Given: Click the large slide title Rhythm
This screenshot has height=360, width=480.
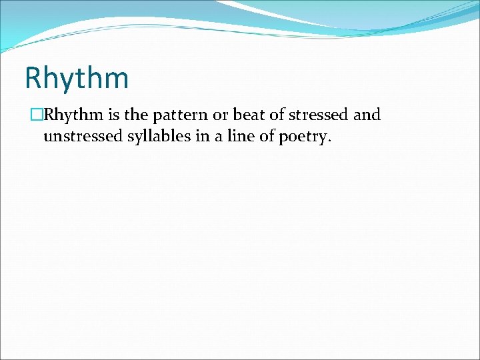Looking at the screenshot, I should pyautogui.click(x=76, y=77).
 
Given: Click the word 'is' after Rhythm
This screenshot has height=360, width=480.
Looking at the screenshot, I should pyautogui.click(x=113, y=115).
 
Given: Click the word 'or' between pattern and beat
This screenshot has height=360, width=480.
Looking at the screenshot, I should pyautogui.click(x=219, y=115).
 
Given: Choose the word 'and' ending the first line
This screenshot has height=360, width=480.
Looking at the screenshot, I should pyautogui.click(x=367, y=115).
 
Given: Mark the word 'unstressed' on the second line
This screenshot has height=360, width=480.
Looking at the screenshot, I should pyautogui.click(x=81, y=137).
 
